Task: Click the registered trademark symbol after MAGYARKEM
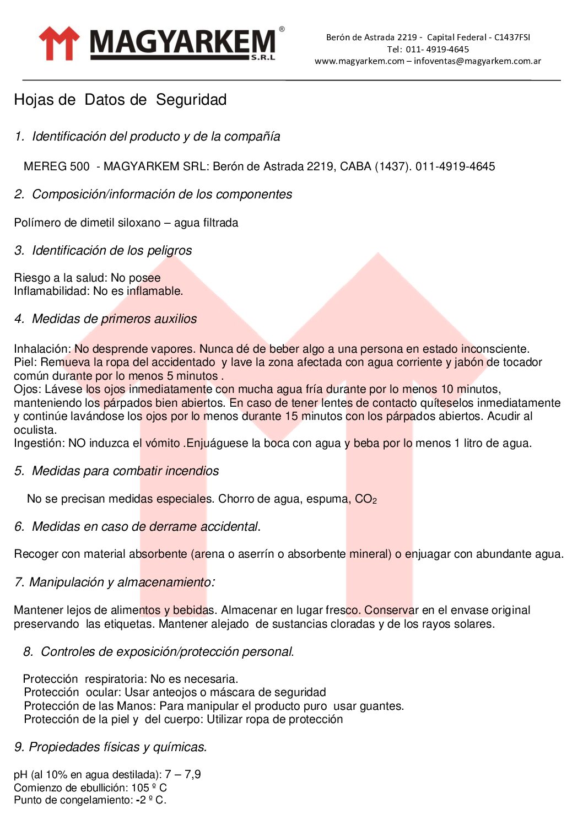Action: [x=282, y=29]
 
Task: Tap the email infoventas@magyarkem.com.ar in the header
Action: [x=477, y=61]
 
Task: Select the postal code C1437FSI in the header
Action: [x=512, y=37]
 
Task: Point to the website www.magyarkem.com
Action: [x=359, y=61]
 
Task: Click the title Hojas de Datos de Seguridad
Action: [x=120, y=100]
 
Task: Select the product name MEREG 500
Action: [x=56, y=166]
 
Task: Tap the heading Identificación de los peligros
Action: [x=112, y=251]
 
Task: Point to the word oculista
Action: [x=35, y=430]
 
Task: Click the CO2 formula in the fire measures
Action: [x=365, y=499]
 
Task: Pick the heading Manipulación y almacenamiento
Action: [x=121, y=583]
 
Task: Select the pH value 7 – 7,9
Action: [x=182, y=774]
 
